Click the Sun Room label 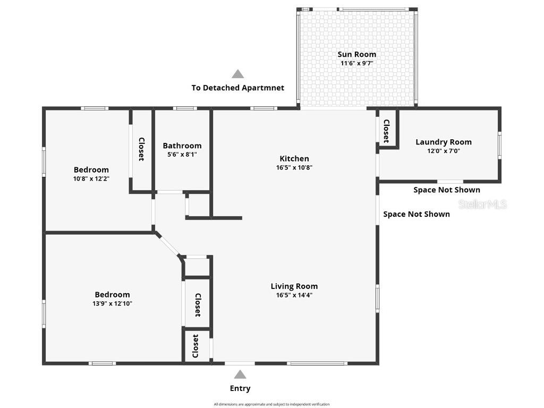(356, 54)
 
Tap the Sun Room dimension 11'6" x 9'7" (356, 63)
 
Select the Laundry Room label (443, 142)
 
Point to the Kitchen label (294, 158)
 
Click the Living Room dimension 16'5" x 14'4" (294, 295)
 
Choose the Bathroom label (182, 146)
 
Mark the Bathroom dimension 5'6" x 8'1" (182, 155)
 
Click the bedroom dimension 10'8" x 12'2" (91, 179)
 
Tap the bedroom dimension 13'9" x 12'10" (112, 304)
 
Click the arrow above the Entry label (240, 375)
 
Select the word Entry (240, 388)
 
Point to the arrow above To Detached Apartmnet (238, 74)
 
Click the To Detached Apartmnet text (238, 88)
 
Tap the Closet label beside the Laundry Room (386, 131)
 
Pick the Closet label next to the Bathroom (141, 149)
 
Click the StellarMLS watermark (483, 205)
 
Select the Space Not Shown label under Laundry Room (447, 190)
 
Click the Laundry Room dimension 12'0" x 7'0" (443, 151)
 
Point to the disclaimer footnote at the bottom (271, 404)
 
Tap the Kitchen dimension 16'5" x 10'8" (294, 167)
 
